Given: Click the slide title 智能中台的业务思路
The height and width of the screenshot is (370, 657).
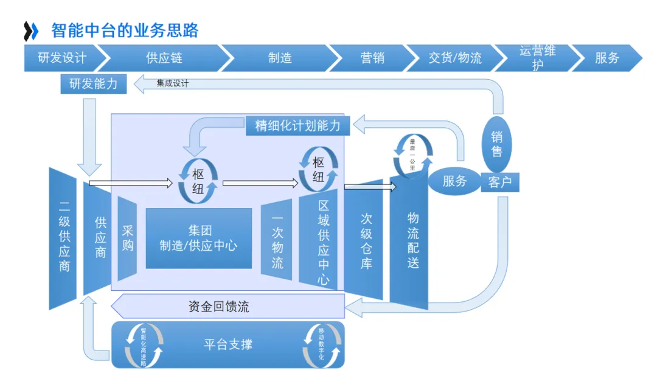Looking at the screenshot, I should coord(125,30).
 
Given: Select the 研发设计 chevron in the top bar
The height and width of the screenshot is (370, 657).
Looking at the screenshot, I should coord(61,58).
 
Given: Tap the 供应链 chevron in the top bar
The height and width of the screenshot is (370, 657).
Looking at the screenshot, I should coord(164,58).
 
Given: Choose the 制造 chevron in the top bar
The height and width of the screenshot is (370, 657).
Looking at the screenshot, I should coord(280,58).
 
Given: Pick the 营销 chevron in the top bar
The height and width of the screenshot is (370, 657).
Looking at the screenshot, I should coord(372,58).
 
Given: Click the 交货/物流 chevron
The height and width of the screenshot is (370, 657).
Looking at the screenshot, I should coord(455,58).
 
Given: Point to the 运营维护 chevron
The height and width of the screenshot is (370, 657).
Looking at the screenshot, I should coord(537,58).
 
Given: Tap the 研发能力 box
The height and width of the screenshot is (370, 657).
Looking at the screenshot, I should coord(94,84).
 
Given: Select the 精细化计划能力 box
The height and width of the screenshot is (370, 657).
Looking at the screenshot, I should coord(298,126).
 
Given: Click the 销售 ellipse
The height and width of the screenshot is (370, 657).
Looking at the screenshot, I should coord(497,144).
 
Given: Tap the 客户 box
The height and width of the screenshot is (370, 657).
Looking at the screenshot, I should coord(500,181).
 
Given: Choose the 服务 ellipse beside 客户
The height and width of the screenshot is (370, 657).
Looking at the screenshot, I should coord(455,181).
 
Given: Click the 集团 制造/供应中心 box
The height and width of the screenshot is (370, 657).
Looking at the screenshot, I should coord(198,238).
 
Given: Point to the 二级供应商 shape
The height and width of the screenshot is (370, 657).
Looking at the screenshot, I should coord(63,239).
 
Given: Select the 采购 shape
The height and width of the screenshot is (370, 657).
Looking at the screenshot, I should coord(128,239).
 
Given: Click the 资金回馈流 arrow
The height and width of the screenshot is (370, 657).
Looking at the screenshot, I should coord(219,307).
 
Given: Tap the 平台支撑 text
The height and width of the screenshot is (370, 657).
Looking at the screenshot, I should coord(228,344).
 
